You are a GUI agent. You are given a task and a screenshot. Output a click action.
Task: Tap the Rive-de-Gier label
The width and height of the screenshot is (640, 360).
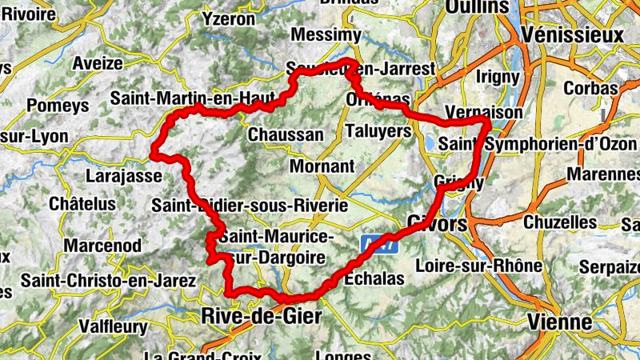point(262,316)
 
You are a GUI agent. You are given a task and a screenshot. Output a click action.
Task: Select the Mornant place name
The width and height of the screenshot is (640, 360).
point(322,166)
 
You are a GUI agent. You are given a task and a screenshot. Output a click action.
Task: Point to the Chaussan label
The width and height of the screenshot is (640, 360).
point(286,134)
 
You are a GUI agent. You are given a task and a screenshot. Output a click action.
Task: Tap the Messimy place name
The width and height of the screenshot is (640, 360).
point(326,35)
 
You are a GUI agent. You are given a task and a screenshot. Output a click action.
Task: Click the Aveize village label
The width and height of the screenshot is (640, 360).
point(98,63)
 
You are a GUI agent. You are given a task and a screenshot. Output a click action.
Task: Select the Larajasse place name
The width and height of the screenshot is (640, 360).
point(122,176)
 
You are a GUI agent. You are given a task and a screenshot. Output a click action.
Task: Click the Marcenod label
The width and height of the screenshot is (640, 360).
point(103,244)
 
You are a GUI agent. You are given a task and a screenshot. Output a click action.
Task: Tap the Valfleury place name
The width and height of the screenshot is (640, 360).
point(114,326)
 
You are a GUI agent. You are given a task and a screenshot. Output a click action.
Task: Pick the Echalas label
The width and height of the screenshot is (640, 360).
point(374,279)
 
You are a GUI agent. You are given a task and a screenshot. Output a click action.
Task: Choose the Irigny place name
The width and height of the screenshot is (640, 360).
point(498,76)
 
